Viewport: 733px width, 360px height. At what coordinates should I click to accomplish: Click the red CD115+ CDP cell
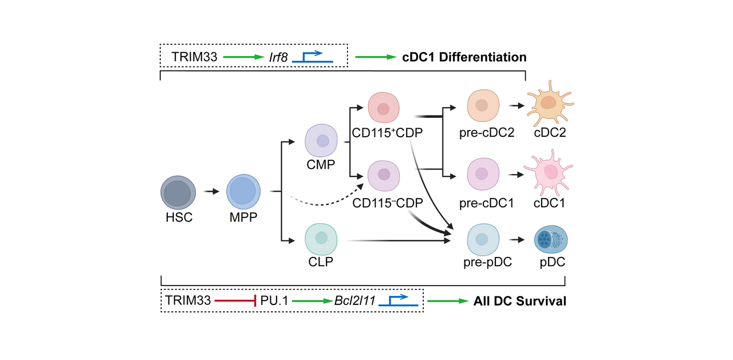click(383, 108)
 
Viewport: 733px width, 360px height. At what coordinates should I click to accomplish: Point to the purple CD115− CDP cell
click(383, 175)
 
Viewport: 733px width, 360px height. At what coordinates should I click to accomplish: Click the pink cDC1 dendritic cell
click(549, 173)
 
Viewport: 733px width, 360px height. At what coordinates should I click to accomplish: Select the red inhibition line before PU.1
click(235, 300)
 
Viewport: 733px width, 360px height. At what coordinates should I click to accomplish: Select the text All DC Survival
click(519, 300)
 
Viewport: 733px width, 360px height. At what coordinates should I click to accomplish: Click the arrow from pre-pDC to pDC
click(517, 240)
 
